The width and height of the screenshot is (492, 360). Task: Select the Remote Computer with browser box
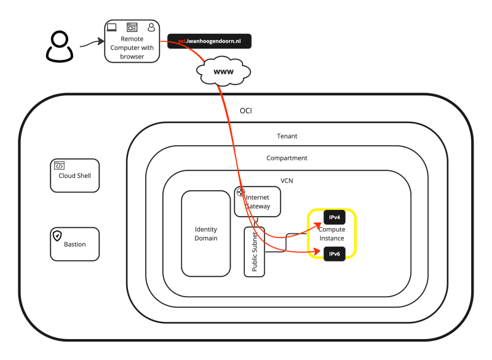(x=132, y=47)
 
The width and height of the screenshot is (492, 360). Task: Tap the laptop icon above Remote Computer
(x=113, y=27)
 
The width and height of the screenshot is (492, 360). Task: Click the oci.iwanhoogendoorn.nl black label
(x=209, y=41)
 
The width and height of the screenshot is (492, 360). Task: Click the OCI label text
(x=245, y=111)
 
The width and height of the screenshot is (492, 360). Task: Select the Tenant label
(x=287, y=136)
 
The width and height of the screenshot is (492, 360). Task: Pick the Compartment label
(x=287, y=158)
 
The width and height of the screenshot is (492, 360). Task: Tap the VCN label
(x=287, y=181)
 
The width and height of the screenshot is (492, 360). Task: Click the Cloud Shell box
(x=75, y=175)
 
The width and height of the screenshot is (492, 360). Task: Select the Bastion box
(x=75, y=244)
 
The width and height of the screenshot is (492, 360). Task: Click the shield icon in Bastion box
(x=57, y=236)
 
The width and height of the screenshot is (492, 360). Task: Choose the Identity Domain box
(x=205, y=233)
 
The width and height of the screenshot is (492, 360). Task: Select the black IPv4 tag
(x=335, y=218)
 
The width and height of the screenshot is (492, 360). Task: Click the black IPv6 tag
(x=335, y=253)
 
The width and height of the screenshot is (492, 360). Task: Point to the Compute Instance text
(x=333, y=234)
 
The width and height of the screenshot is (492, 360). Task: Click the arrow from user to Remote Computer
(x=90, y=42)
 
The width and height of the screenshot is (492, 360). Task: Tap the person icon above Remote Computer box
(x=151, y=27)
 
